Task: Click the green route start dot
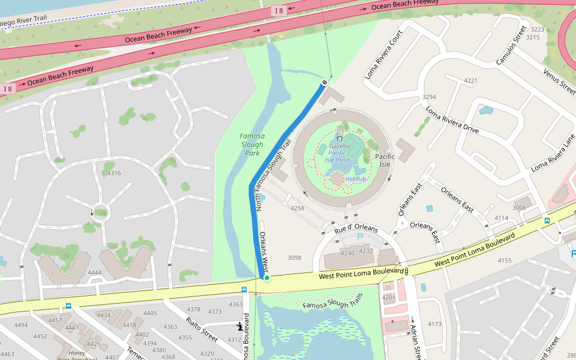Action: click(x=266, y=277)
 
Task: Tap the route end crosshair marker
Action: click(x=325, y=82)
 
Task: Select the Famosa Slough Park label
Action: click(x=252, y=145)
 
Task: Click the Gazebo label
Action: click(x=339, y=146)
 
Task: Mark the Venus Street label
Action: click(x=559, y=81)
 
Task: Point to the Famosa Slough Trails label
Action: click(x=332, y=301)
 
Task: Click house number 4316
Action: click(x=113, y=173)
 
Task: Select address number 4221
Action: click(x=470, y=80)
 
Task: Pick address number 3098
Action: click(x=294, y=258)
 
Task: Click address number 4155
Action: click(x=504, y=260)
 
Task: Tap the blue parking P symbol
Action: click(x=360, y=237)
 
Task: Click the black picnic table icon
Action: click(x=239, y=326)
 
